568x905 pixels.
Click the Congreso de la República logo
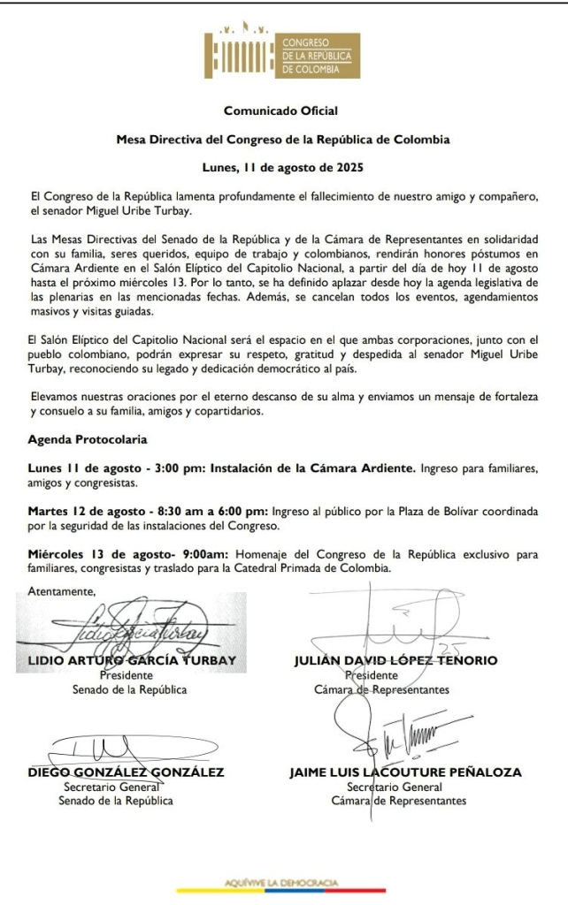click(x=281, y=56)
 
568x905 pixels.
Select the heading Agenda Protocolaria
click(x=88, y=439)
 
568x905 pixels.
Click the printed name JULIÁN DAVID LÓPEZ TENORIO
click(x=395, y=660)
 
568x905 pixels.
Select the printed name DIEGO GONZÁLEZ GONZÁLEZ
click(x=125, y=772)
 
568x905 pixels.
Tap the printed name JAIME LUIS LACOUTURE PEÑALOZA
click(x=405, y=772)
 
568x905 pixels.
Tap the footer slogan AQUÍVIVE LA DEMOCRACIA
click(x=281, y=882)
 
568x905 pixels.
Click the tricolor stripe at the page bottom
click(x=281, y=891)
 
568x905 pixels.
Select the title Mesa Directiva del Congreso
click(x=283, y=140)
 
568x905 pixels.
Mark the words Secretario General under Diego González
click(x=116, y=787)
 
